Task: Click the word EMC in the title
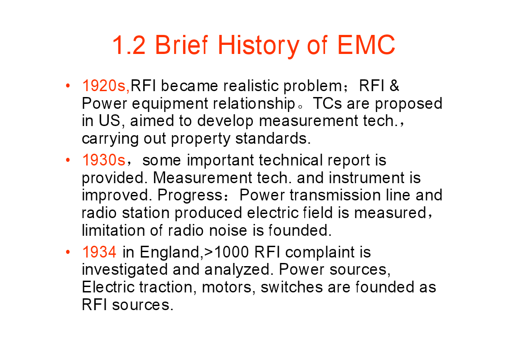point(366,45)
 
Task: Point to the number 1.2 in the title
point(129,45)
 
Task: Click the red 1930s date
point(103,161)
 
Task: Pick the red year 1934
point(99,252)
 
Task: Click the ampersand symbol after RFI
point(394,86)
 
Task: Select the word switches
point(292,287)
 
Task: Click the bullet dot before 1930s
point(68,160)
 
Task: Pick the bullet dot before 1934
point(68,252)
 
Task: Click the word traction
point(165,287)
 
